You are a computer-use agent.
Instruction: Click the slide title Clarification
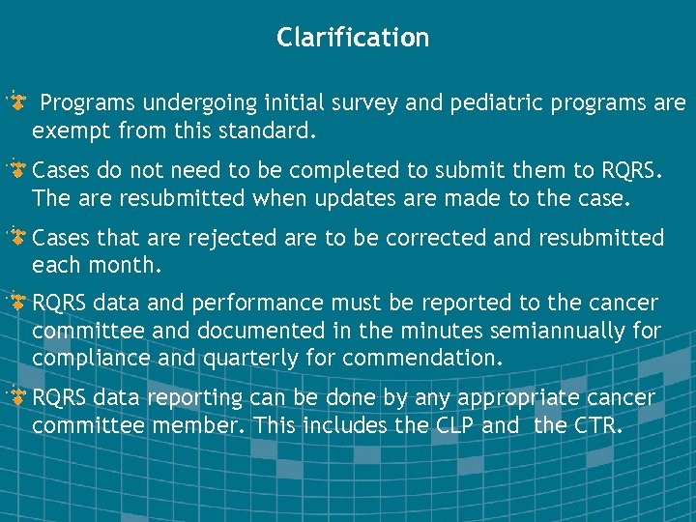click(x=352, y=38)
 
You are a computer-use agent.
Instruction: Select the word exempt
click(x=67, y=130)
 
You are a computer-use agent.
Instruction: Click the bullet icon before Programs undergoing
click(x=16, y=101)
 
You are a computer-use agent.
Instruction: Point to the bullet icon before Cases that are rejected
click(x=16, y=236)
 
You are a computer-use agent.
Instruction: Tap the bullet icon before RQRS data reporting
click(x=16, y=396)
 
